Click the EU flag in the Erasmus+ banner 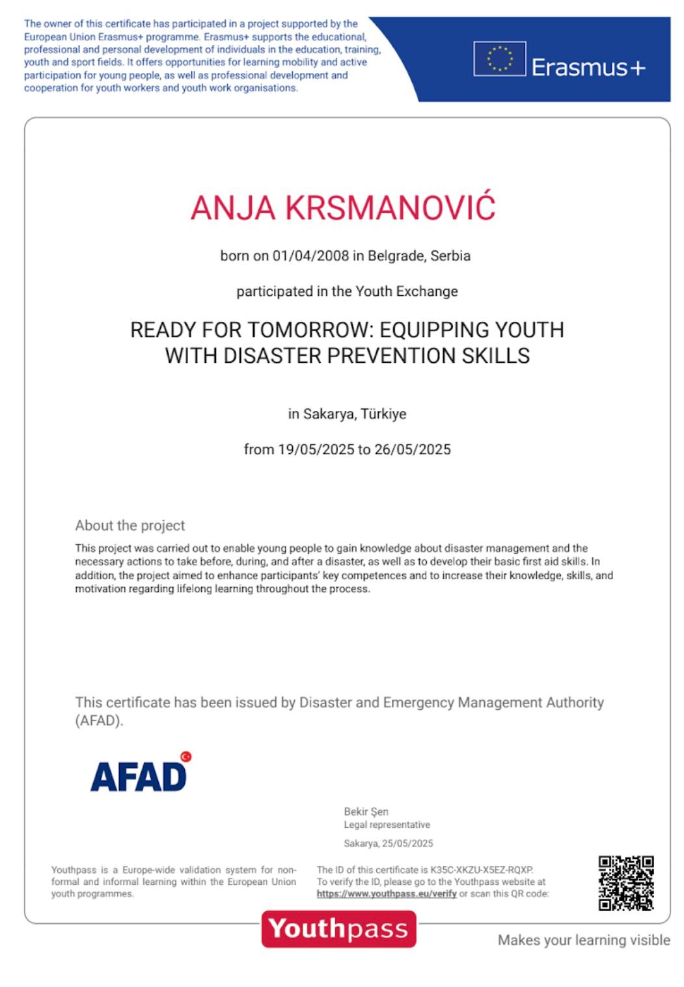coord(499,59)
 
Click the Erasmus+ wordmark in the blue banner coord(588,67)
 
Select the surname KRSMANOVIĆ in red coord(390,207)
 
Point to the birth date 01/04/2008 coord(310,256)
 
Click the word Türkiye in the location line coord(383,414)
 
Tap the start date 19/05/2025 coord(316,449)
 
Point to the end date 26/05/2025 coord(412,449)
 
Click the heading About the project coord(130,525)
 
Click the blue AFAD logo coord(138,776)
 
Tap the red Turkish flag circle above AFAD coord(186,756)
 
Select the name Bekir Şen coord(366,811)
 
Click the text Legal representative coord(387,824)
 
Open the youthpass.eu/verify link coord(387,893)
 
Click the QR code coord(625,882)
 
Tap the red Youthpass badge coord(338,928)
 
